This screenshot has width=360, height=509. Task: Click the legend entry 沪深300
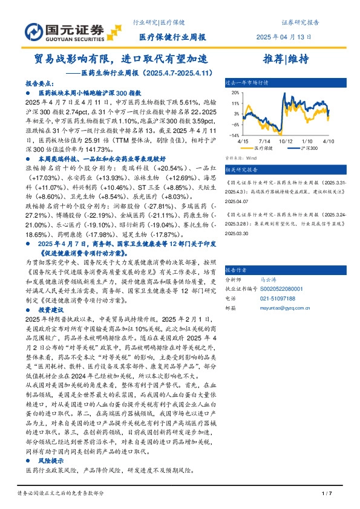pos(300,148)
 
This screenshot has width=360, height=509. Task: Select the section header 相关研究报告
pos(240,170)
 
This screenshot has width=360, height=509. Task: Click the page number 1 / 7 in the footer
pos(327,493)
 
